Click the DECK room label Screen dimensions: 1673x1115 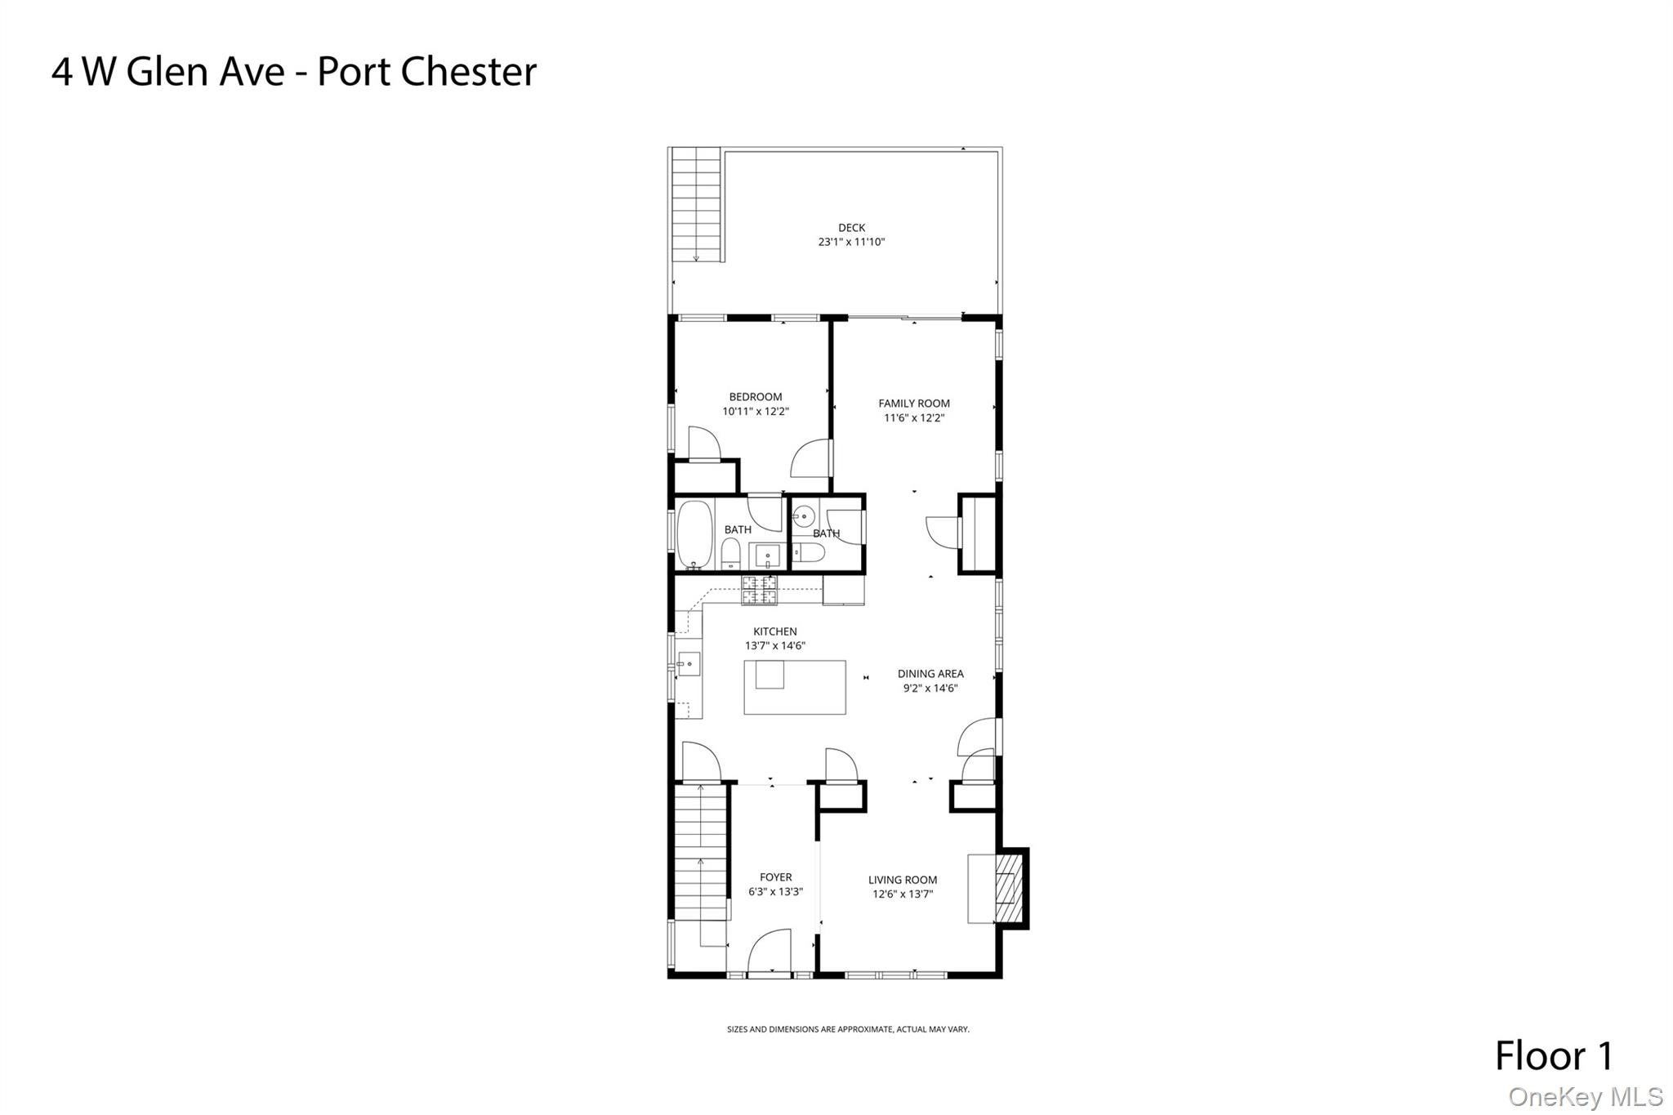pyautogui.click(x=851, y=228)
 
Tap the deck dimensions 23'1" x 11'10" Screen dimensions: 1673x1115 pyautogui.click(x=851, y=242)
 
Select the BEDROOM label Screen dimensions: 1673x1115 pyautogui.click(x=756, y=397)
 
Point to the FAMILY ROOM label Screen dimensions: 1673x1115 pyautogui.click(x=914, y=404)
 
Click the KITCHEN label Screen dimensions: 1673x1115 pyautogui.click(x=775, y=631)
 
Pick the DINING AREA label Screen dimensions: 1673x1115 pyautogui.click(x=930, y=674)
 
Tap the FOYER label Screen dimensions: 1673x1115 pyautogui.click(x=776, y=877)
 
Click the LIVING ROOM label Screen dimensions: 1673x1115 pyautogui.click(x=903, y=880)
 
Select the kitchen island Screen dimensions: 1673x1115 pyautogui.click(x=794, y=687)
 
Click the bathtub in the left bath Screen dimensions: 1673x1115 pyautogui.click(x=695, y=534)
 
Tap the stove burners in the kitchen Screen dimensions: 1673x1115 pyautogui.click(x=760, y=591)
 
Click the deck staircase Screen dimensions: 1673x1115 pyautogui.click(x=697, y=205)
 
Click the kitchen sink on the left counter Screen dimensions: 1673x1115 pyautogui.click(x=689, y=664)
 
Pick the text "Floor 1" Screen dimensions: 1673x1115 pyautogui.click(x=1554, y=1055)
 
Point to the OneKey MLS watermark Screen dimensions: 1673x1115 pyautogui.click(x=1586, y=1096)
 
